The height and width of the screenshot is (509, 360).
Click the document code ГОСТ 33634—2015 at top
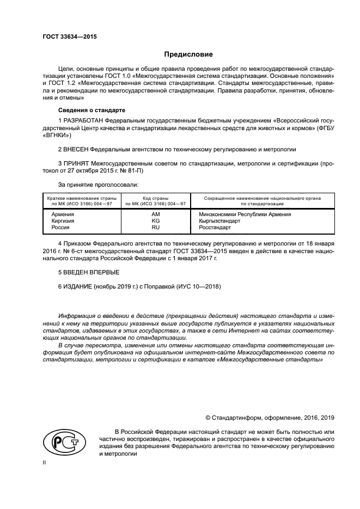(x=66, y=37)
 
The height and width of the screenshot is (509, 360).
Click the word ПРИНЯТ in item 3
(x=76, y=163)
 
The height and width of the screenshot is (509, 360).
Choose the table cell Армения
(x=63, y=214)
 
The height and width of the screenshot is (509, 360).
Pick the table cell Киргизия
(x=63, y=221)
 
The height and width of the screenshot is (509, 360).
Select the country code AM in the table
(x=155, y=214)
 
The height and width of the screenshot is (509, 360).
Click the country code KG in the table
(x=155, y=221)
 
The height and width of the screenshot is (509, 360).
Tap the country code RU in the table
(x=155, y=228)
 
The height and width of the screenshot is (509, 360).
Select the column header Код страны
(x=155, y=199)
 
